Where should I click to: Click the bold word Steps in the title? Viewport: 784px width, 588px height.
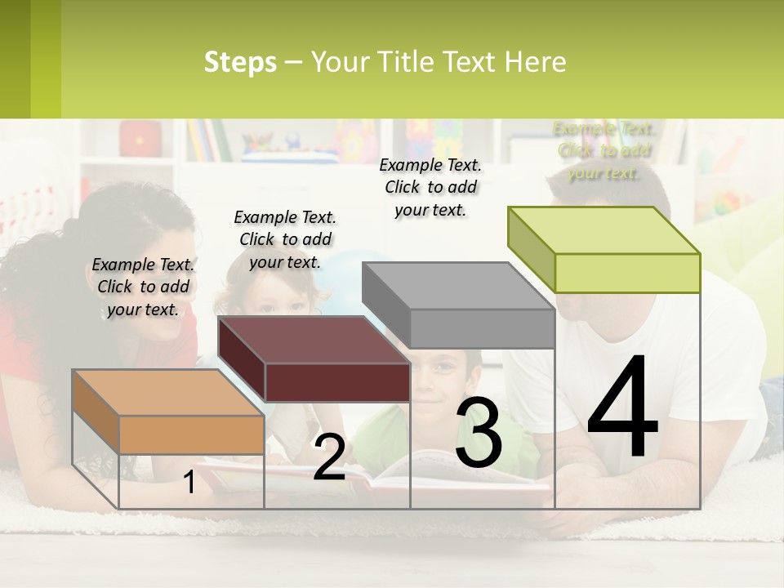[240, 62]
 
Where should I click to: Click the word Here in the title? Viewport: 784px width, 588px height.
[536, 62]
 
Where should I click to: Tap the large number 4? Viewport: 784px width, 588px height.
[622, 408]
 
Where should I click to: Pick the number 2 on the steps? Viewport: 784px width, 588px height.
[329, 457]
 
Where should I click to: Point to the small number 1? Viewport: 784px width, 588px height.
[189, 483]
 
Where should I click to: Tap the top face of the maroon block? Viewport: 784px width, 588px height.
[314, 339]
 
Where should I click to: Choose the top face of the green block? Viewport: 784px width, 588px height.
[604, 230]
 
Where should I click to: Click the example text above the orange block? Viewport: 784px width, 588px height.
[143, 287]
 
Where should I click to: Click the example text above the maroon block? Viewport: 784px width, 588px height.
[285, 239]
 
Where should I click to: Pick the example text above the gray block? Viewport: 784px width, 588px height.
[430, 187]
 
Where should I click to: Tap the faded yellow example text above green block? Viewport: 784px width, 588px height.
[604, 150]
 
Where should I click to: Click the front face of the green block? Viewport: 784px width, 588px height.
[627, 273]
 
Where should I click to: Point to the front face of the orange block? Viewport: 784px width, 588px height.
[191, 434]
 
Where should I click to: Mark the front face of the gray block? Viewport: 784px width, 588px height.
[482, 328]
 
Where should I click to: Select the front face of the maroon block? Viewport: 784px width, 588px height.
[336, 382]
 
